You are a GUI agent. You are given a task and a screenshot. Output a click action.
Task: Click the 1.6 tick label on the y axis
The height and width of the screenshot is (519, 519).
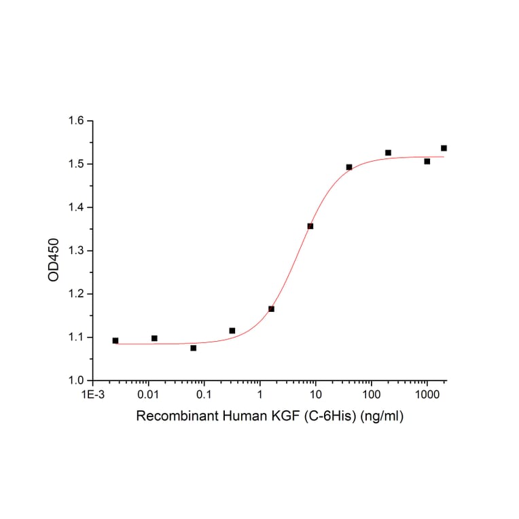tap(75, 121)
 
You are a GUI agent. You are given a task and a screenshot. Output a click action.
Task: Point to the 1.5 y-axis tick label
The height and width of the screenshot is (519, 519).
tap(75, 164)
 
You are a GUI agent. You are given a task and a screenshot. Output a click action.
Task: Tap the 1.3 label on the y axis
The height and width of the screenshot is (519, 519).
tap(75, 251)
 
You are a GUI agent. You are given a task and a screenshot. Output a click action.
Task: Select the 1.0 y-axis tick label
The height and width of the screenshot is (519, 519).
tap(75, 380)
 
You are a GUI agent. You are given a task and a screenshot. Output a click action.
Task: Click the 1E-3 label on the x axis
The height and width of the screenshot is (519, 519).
tap(92, 394)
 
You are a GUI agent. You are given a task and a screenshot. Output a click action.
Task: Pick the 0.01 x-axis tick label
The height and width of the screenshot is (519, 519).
tap(148, 394)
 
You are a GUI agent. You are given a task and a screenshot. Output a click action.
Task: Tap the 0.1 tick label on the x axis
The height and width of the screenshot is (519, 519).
tap(204, 394)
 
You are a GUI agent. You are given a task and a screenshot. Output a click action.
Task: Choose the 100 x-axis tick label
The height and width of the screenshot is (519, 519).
tap(371, 394)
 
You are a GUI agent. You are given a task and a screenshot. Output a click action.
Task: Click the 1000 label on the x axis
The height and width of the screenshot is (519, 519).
tap(427, 394)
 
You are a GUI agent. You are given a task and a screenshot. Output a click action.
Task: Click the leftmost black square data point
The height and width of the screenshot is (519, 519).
tap(115, 340)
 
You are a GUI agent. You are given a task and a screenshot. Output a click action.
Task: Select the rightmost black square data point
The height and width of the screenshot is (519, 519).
tap(444, 148)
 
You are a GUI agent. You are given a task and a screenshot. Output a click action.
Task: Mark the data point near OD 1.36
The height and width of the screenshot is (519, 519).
tap(310, 226)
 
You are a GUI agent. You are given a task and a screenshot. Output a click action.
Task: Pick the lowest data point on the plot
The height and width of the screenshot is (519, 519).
tap(194, 348)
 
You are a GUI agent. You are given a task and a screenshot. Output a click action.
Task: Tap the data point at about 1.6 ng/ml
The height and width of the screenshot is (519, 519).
tap(271, 309)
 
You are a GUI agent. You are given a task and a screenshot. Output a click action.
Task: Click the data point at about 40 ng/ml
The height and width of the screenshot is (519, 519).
tap(349, 167)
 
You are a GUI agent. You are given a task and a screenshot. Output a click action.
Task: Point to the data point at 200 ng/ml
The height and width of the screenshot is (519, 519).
tap(388, 153)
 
